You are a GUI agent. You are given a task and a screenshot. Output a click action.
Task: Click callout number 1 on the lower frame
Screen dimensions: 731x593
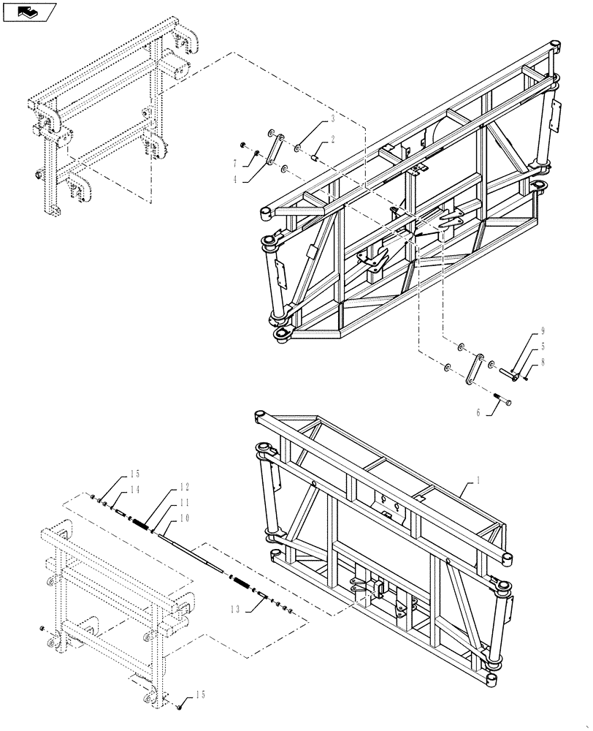[x=478, y=480]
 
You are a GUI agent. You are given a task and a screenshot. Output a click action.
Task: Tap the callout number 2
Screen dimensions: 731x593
[x=332, y=139]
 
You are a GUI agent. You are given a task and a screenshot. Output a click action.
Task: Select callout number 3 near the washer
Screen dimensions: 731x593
[x=332, y=118]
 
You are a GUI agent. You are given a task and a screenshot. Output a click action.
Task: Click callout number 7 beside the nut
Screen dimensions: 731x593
[x=234, y=162]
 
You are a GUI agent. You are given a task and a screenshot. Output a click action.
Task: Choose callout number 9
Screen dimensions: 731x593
[x=543, y=330]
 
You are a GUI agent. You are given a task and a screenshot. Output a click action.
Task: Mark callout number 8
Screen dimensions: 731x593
[x=543, y=361]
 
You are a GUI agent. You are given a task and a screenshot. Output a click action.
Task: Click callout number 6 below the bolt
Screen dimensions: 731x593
[x=478, y=412]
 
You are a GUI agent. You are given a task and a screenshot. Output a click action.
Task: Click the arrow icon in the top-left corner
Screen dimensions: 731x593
[x=28, y=11]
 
